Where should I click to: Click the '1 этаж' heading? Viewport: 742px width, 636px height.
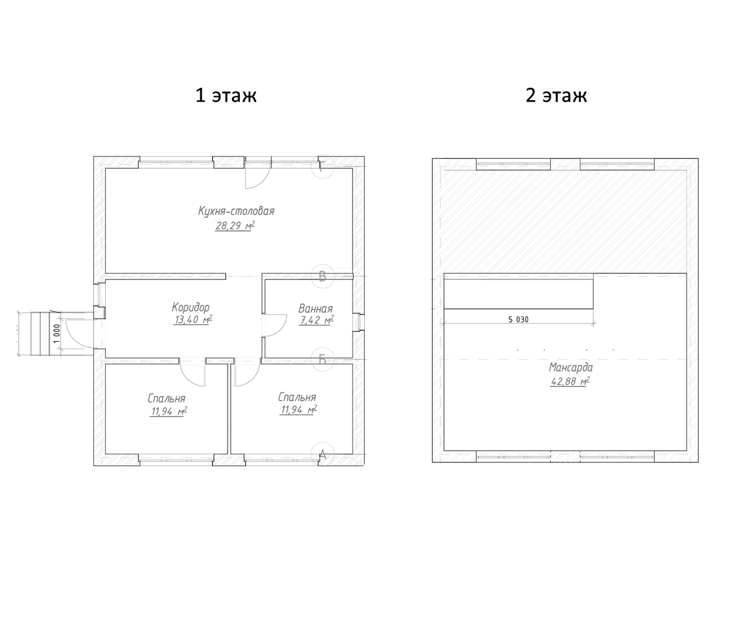click(226, 96)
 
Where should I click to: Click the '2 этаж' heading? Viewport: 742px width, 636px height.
click(556, 96)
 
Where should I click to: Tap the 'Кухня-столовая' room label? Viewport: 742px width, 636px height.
click(236, 211)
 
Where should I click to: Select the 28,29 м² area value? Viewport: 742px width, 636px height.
click(235, 226)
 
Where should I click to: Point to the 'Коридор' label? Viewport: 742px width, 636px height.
click(190, 308)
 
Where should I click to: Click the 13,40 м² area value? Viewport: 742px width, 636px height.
click(193, 320)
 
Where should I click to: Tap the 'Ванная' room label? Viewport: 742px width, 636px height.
click(315, 308)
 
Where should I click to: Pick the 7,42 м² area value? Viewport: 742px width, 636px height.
click(316, 320)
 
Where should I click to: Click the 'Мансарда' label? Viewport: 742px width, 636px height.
click(571, 368)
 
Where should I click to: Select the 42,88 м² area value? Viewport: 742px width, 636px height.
click(570, 381)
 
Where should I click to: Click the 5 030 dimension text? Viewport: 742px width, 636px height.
click(518, 320)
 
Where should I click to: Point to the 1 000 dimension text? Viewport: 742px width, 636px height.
click(58, 334)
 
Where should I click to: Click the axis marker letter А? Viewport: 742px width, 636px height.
click(323, 455)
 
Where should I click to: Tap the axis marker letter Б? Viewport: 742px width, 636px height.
click(322, 359)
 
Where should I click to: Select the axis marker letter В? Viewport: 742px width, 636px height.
click(322, 276)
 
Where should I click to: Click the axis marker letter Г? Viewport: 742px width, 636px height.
click(322, 166)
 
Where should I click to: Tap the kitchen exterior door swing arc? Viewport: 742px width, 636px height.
click(265, 181)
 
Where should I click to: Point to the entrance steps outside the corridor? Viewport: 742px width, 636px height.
click(40, 334)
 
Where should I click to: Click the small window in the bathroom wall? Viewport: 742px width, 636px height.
click(359, 322)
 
